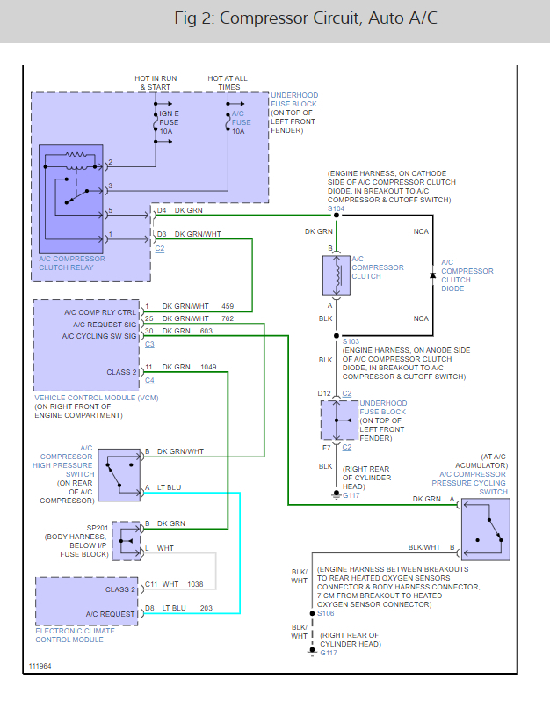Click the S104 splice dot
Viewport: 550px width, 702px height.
(337, 216)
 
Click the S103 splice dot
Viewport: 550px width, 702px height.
(337, 336)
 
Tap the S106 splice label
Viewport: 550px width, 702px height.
(326, 613)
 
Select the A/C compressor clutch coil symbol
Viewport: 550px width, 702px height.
(337, 275)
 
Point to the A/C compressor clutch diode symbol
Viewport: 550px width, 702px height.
(432, 275)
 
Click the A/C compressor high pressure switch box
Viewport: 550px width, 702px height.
(119, 474)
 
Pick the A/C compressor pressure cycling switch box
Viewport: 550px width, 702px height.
(486, 530)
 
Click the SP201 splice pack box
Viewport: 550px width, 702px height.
(127, 541)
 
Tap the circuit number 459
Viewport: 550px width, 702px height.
(228, 307)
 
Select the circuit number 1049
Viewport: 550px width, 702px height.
(208, 367)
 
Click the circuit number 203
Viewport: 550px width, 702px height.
(206, 608)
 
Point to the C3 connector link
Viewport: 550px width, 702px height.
(149, 344)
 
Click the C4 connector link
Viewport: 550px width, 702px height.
(149, 381)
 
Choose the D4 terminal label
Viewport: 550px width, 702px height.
(162, 210)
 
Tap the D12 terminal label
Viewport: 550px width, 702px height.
(324, 393)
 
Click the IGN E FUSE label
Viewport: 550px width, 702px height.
(169, 118)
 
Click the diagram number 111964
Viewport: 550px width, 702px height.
(40, 666)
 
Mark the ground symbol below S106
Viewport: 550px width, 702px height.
(312, 651)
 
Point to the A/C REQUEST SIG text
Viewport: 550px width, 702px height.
(105, 325)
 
